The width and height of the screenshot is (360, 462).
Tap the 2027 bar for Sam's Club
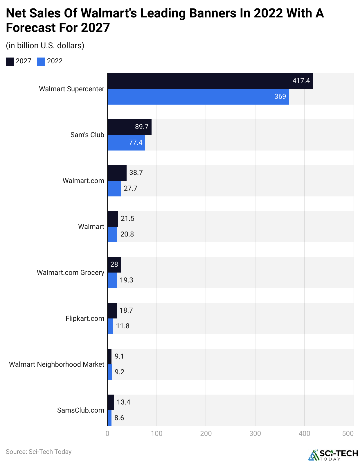tap(129, 127)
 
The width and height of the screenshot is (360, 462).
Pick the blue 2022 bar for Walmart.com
tap(114, 189)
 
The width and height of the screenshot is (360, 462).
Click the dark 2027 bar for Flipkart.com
tap(112, 311)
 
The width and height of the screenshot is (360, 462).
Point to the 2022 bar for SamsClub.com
tap(109, 418)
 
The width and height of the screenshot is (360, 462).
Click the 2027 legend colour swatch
tap(10, 62)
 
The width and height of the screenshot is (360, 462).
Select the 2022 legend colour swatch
tap(41, 62)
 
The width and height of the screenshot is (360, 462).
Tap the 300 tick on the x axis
tap(255, 434)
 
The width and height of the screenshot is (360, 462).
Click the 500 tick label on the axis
tap(348, 434)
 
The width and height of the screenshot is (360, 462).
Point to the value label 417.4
tap(301, 81)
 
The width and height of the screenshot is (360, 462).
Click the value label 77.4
tap(136, 142)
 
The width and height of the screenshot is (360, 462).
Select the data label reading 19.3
tap(126, 280)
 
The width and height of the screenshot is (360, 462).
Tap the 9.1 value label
tap(119, 356)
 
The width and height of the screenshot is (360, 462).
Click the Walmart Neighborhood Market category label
tap(57, 364)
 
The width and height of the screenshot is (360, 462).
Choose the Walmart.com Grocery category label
tap(71, 273)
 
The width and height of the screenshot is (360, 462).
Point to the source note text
tap(39, 452)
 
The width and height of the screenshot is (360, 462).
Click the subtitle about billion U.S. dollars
tap(45, 46)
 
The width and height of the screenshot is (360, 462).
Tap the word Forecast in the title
tap(31, 28)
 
